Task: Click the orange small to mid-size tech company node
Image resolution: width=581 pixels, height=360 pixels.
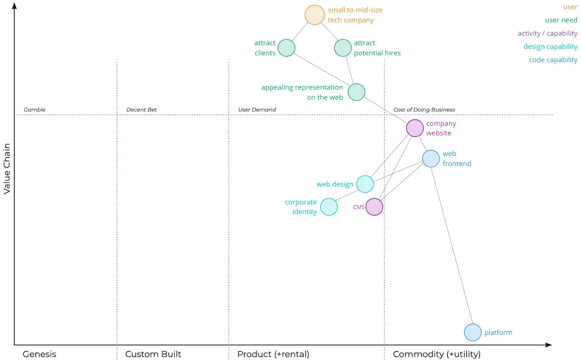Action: click(x=315, y=15)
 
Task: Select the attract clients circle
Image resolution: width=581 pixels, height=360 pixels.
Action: click(x=286, y=48)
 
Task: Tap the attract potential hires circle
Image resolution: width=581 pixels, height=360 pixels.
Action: click(x=343, y=48)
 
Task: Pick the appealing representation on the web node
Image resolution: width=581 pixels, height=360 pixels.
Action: click(x=356, y=92)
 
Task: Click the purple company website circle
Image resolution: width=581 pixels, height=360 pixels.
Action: click(x=415, y=128)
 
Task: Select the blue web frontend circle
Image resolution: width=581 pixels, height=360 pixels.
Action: click(x=431, y=158)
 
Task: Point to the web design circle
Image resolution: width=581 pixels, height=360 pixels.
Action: click(x=365, y=184)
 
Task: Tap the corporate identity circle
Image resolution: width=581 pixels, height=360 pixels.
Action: click(x=329, y=207)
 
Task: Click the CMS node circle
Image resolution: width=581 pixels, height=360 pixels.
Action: click(x=374, y=207)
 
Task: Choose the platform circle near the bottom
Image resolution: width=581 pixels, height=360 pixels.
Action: click(x=473, y=333)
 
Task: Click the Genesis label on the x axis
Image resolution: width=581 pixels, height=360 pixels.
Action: click(x=39, y=354)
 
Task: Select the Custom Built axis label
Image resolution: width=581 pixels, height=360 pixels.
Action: click(x=153, y=354)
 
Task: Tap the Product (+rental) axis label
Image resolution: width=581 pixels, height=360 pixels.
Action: click(x=273, y=354)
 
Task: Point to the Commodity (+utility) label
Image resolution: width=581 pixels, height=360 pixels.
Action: click(x=436, y=354)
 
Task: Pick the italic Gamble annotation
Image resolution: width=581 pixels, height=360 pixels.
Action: click(x=35, y=110)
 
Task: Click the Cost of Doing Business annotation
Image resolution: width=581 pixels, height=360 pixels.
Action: click(x=424, y=110)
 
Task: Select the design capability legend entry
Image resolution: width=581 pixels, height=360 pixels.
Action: click(x=550, y=47)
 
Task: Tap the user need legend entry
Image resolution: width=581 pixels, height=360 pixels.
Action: click(x=561, y=20)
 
